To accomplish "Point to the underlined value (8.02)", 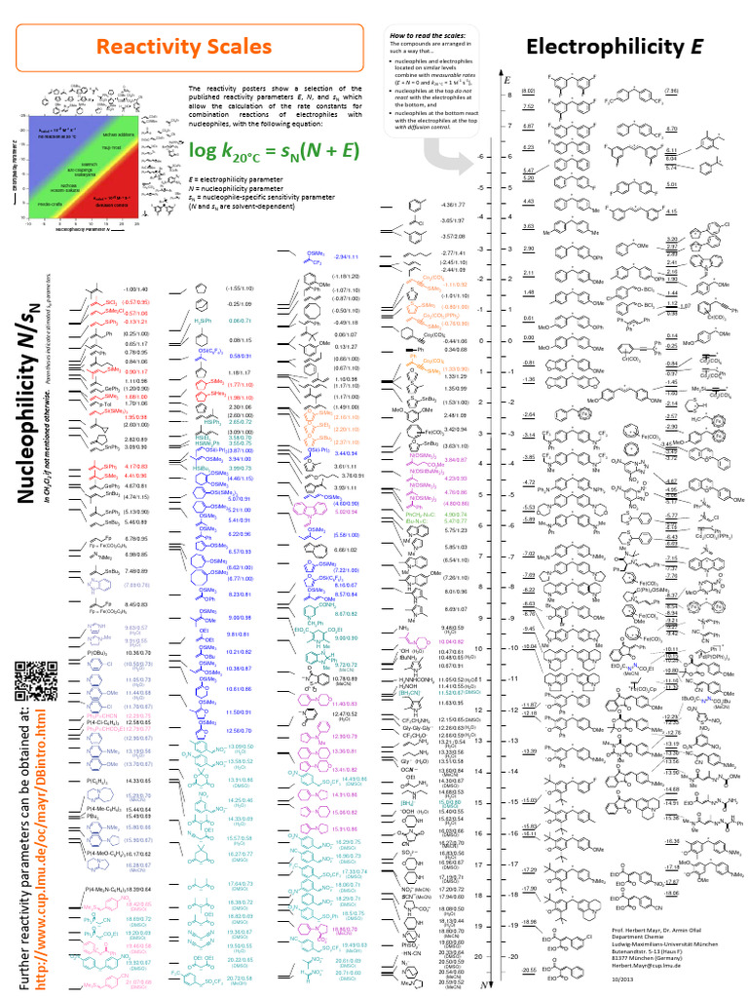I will pyautogui.click(x=529, y=91).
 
